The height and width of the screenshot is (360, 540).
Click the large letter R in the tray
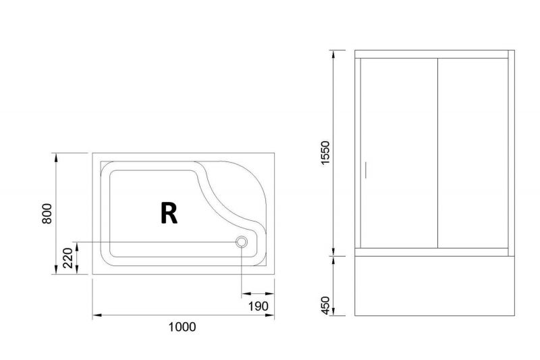click(x=169, y=213)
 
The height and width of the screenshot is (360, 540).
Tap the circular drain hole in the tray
click(x=242, y=242)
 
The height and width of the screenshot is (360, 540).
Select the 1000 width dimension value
click(x=182, y=327)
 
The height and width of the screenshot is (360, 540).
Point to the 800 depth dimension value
click(x=47, y=213)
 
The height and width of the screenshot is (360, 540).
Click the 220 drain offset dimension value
click(x=68, y=258)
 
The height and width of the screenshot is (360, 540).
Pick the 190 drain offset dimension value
click(x=259, y=305)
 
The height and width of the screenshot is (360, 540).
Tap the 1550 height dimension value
click(x=325, y=153)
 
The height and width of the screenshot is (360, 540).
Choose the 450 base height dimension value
click(x=325, y=305)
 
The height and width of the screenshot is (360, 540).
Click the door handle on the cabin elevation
click(x=365, y=170)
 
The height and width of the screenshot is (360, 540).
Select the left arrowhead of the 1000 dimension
click(x=97, y=315)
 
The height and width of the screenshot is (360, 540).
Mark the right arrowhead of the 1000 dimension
click(x=269, y=315)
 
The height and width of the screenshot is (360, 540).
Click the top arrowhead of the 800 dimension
click(x=56, y=157)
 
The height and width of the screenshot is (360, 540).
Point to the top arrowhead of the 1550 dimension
click(x=333, y=55)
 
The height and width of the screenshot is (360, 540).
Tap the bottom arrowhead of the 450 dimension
click(x=333, y=311)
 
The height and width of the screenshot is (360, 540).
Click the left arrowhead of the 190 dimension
click(x=246, y=294)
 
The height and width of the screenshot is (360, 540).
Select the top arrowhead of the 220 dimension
click(x=77, y=247)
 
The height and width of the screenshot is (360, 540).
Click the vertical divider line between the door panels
click(x=437, y=153)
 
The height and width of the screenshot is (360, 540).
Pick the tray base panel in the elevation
click(x=435, y=286)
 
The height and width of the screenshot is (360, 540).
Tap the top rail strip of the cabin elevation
click(x=431, y=54)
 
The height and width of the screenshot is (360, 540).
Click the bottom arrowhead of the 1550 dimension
click(x=333, y=251)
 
